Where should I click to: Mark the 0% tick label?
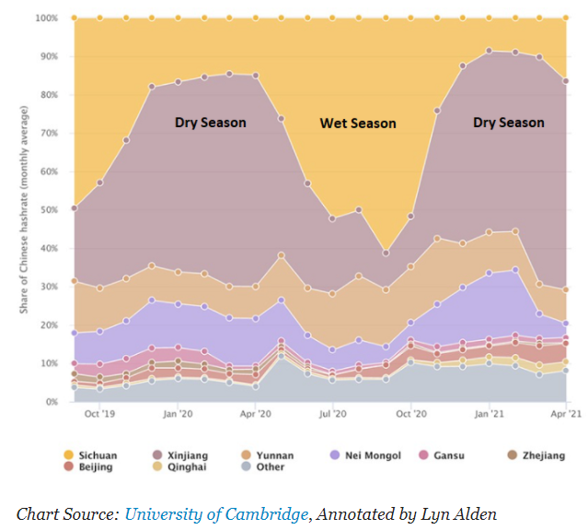click(x=51, y=402)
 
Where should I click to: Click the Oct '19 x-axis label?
click(x=100, y=416)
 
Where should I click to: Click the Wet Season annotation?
click(x=358, y=123)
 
